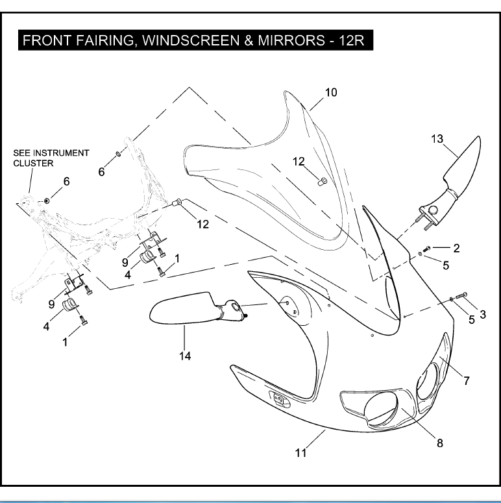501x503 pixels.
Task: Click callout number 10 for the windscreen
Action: pyautogui.click(x=331, y=93)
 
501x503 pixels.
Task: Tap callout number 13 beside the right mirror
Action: pyautogui.click(x=437, y=138)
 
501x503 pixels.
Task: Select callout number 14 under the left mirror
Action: pyautogui.click(x=185, y=356)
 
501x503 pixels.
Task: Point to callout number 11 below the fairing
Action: pyautogui.click(x=301, y=452)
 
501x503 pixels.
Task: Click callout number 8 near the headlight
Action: pyautogui.click(x=439, y=443)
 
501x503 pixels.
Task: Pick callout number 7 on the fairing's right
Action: pyautogui.click(x=466, y=381)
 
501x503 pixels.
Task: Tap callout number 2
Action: pyautogui.click(x=456, y=248)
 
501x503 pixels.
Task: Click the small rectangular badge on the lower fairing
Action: pyautogui.click(x=280, y=400)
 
